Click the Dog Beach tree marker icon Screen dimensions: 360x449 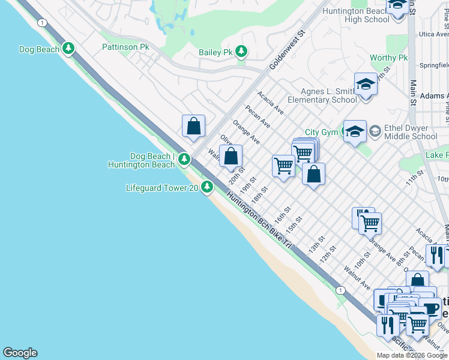(68, 49)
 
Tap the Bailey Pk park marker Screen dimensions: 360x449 (241, 52)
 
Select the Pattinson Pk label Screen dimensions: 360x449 (125, 46)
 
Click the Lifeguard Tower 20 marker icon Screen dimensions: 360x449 (207, 187)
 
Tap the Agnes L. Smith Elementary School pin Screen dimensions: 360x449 (365, 85)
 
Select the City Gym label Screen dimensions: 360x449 (321, 133)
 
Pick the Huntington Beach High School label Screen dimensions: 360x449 (356, 15)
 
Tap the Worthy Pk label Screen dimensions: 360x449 (388, 58)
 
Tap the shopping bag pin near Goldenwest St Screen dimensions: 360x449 (193, 126)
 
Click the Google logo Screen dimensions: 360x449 (20, 353)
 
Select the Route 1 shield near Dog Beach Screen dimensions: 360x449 (41, 23)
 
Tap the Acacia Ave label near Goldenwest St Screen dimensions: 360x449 (271, 103)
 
